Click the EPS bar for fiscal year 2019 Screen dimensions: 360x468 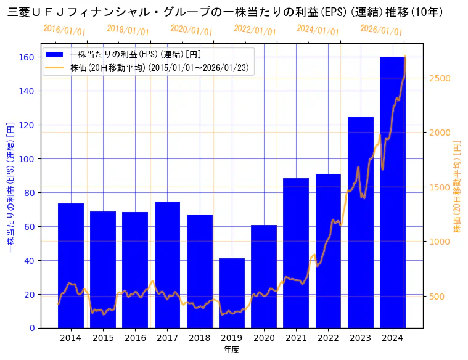click(232, 293)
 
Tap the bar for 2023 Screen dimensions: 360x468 click(361, 222)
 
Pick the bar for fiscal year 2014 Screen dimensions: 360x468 click(71, 265)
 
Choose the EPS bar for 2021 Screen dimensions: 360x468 click(296, 253)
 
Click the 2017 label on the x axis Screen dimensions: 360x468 click(167, 338)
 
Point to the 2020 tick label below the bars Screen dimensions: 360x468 click(264, 338)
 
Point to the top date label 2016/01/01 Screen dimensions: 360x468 click(65, 30)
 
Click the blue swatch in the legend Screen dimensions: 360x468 click(55, 55)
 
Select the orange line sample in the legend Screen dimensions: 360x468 click(55, 67)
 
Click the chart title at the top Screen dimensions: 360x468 click(225, 12)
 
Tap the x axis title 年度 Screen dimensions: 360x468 click(231, 350)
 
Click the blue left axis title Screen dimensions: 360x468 click(10, 186)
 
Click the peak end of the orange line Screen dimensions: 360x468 click(405, 57)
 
